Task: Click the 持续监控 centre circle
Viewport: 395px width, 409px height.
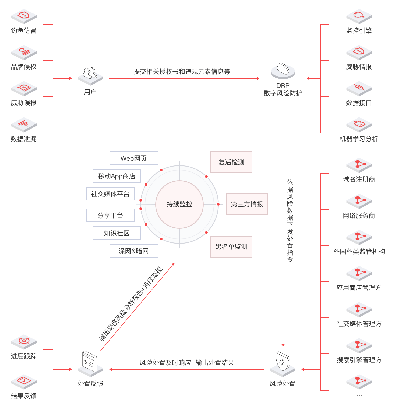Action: [179, 204]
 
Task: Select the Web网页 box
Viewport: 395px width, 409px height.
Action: [134, 158]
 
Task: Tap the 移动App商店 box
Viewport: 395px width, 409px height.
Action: [117, 176]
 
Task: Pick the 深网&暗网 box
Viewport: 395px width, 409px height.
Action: [134, 251]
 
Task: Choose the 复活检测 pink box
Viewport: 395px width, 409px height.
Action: [231, 162]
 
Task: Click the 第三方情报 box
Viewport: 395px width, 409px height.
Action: [247, 204]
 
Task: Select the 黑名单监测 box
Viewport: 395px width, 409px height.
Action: [231, 247]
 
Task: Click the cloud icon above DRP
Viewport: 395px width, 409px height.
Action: [283, 70]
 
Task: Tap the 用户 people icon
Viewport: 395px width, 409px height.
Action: [90, 74]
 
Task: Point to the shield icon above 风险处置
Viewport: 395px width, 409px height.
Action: [283, 362]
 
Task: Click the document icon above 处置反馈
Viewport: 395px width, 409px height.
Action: [90, 362]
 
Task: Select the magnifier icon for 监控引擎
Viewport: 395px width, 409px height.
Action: [359, 16]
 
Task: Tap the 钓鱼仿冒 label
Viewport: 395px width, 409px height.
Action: [24, 31]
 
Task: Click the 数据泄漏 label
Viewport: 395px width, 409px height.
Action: [24, 139]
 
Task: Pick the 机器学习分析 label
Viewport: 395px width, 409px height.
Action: [359, 139]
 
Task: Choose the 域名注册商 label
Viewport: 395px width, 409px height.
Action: [359, 179]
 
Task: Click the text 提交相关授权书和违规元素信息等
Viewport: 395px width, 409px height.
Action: [182, 72]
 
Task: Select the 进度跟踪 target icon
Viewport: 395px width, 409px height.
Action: [24, 341]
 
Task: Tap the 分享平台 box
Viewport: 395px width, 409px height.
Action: [110, 215]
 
